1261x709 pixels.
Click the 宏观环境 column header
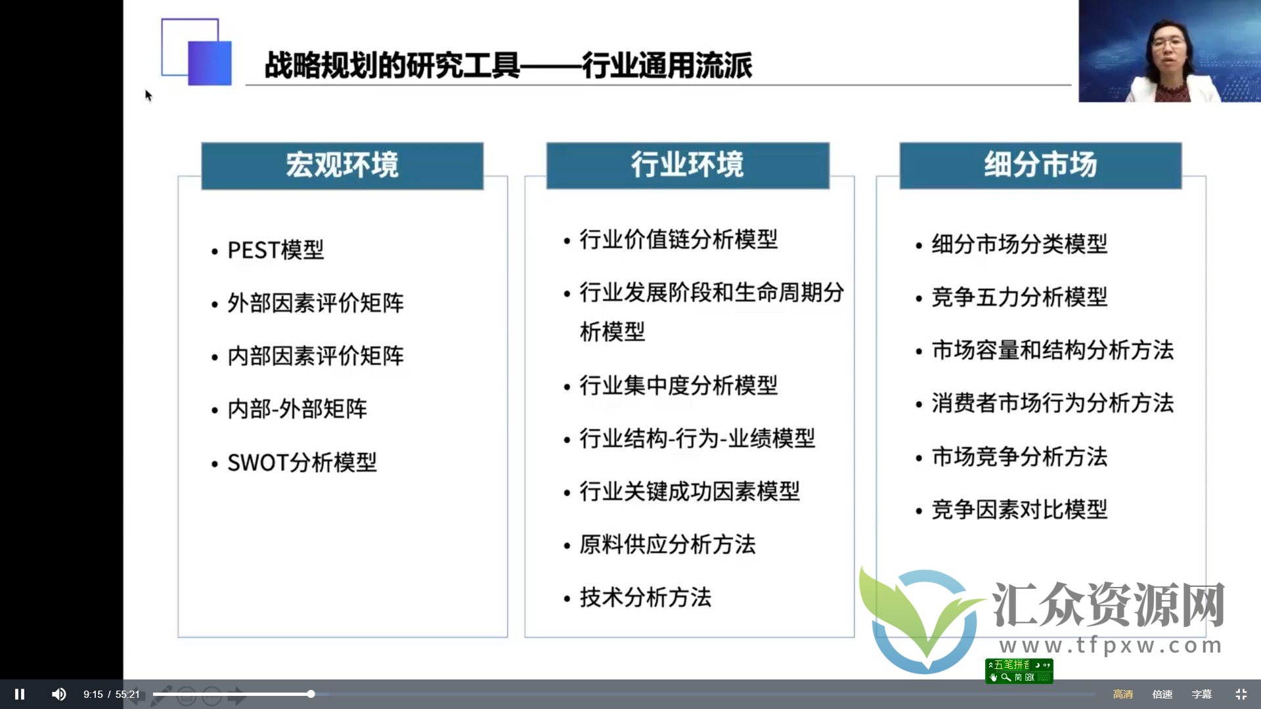click(x=342, y=165)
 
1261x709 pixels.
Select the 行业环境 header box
click(x=688, y=165)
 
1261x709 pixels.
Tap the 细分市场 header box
click(x=1040, y=165)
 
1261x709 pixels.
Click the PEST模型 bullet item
click(x=275, y=250)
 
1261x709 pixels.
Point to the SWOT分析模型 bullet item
click(x=302, y=463)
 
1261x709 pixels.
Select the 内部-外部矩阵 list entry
click(x=297, y=409)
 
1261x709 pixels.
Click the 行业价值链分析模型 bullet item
click(x=678, y=240)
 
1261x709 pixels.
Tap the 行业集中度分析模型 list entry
click(x=678, y=385)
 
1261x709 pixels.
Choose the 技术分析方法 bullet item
click(x=646, y=597)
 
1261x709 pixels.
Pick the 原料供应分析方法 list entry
click(x=667, y=544)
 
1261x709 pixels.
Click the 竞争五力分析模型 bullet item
click(x=1019, y=297)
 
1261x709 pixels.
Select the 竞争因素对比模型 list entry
click(x=1019, y=509)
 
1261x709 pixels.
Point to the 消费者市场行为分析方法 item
click(x=1052, y=403)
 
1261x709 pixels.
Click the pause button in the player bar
click(x=20, y=694)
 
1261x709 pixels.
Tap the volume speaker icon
click(x=58, y=694)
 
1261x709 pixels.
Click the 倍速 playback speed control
click(x=1162, y=694)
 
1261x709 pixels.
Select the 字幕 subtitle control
click(x=1201, y=694)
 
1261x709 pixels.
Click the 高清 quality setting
click(x=1122, y=694)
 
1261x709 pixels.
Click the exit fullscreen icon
click(x=1241, y=694)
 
